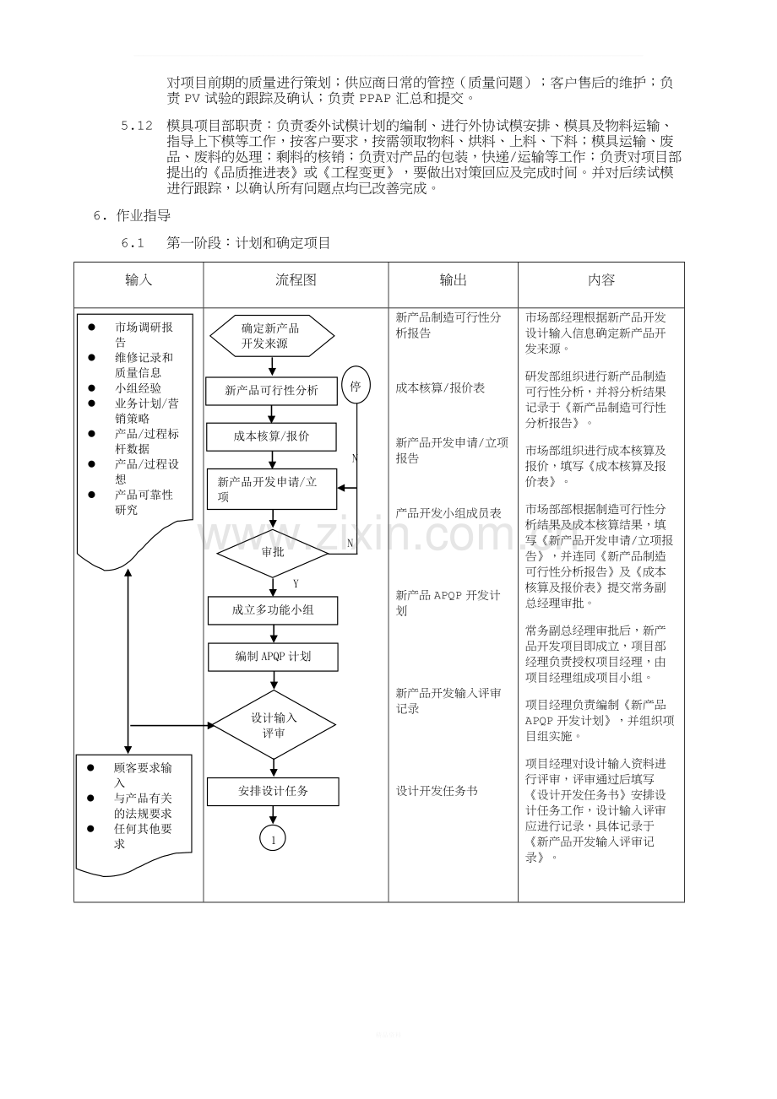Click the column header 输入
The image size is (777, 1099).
click(139, 280)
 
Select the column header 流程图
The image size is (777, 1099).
click(296, 280)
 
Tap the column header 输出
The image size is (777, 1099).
click(453, 280)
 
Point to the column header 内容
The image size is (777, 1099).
click(601, 280)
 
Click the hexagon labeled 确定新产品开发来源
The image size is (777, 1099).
click(272, 336)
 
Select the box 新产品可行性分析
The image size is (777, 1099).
click(271, 391)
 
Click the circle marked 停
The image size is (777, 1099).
click(356, 385)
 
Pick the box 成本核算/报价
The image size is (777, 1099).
click(271, 436)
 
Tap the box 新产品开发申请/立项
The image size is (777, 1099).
click(272, 490)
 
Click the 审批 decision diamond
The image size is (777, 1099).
click(273, 553)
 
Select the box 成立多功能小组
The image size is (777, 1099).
click(273, 610)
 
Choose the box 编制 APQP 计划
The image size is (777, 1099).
click(273, 657)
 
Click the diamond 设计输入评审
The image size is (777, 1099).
click(274, 725)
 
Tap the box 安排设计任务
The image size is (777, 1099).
click(273, 792)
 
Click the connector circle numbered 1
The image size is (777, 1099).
click(273, 838)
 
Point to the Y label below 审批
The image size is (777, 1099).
click(296, 584)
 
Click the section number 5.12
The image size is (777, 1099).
click(137, 126)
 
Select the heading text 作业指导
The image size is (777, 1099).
click(144, 215)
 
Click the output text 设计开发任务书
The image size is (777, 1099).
click(437, 791)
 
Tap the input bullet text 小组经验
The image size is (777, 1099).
click(138, 388)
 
